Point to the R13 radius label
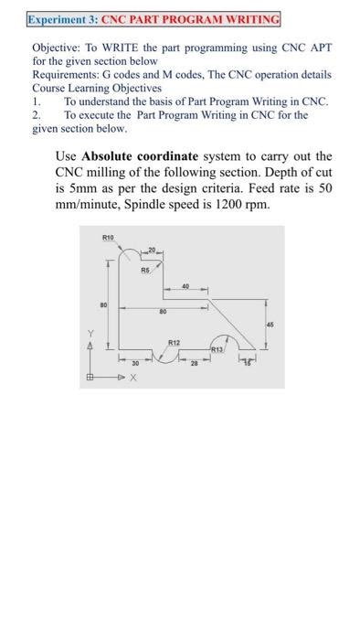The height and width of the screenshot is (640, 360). coord(217,348)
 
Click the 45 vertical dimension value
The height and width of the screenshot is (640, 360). coord(270,322)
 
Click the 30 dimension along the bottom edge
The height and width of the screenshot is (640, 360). coord(134,363)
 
